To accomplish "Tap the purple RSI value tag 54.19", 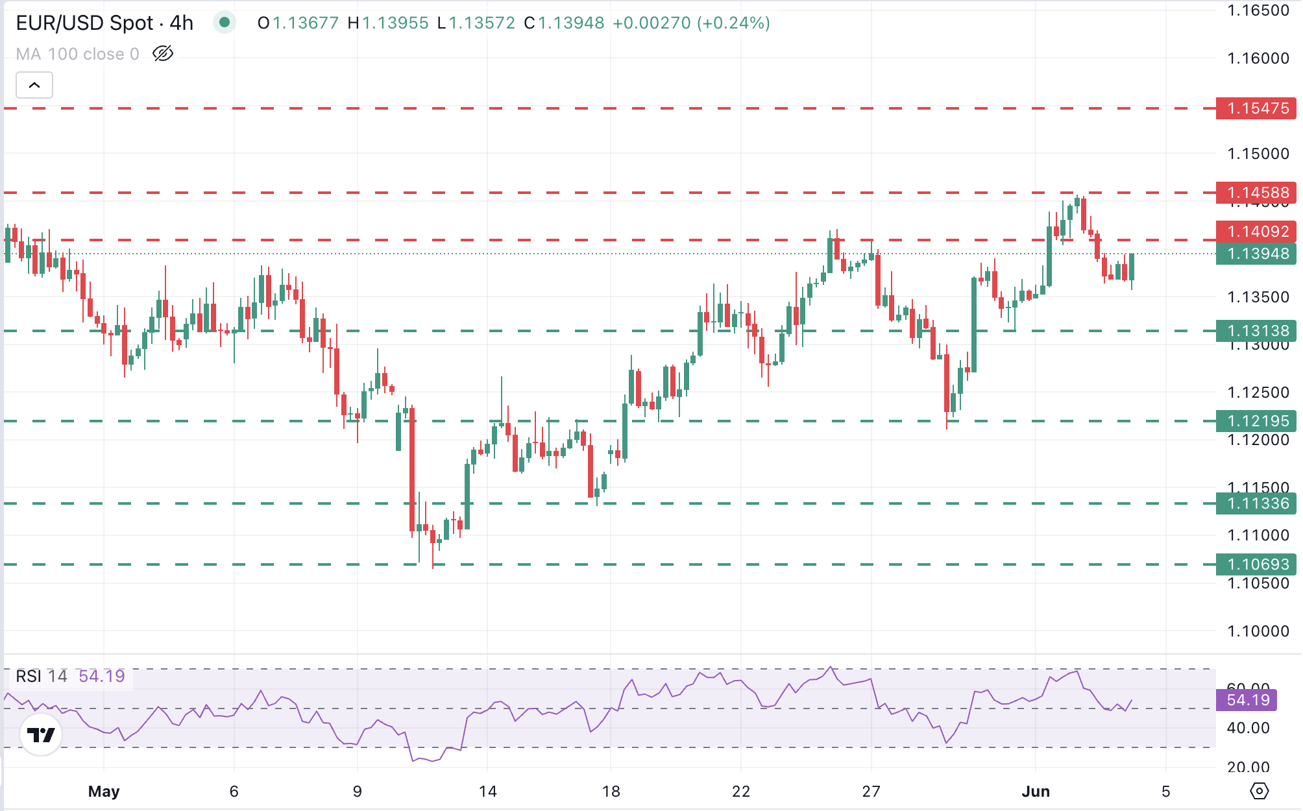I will (1247, 700).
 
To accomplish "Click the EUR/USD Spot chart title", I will (104, 23).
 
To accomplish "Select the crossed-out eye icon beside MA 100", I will (163, 54).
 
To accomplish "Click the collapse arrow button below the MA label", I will (34, 85).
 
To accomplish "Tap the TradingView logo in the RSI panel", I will (41, 735).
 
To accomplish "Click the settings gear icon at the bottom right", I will (1259, 792).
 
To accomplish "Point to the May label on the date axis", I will (104, 792).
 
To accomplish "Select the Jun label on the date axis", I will (1036, 792).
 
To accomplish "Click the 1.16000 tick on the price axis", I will (1258, 58).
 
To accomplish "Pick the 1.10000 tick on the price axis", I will (1258, 631).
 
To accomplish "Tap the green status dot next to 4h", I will (225, 23).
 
